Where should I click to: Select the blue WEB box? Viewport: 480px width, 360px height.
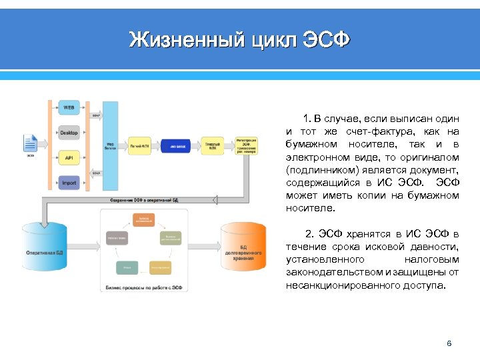coord(69,107)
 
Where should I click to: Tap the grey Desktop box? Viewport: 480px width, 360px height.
coord(69,133)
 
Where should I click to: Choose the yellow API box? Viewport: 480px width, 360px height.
coord(69,158)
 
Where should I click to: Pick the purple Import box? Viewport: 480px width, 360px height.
coord(69,183)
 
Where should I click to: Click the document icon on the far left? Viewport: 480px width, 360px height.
coord(30,143)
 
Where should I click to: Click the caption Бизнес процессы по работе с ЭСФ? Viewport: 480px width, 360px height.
coord(145,288)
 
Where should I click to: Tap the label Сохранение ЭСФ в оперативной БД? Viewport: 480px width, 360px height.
coord(143,199)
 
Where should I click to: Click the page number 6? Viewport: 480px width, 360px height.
coord(449,343)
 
